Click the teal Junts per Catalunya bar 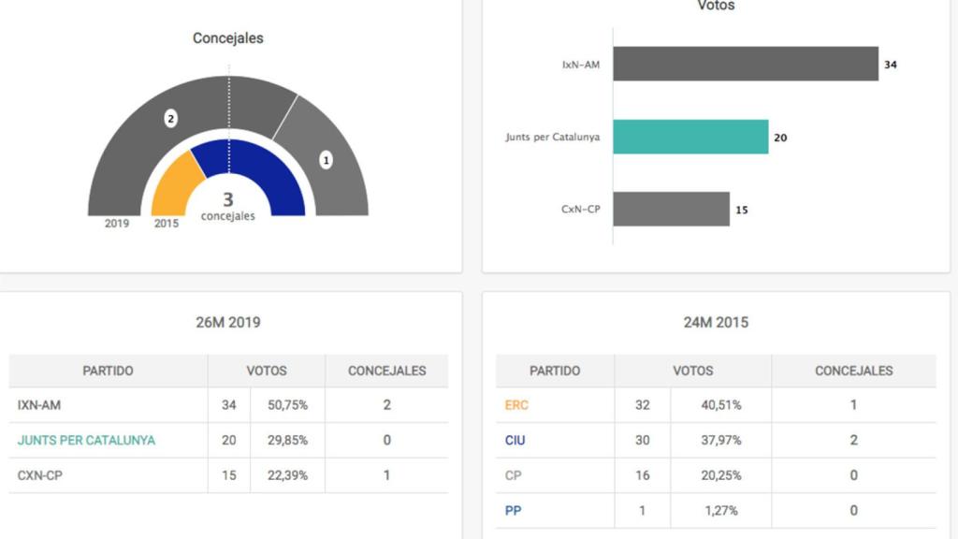click(690, 137)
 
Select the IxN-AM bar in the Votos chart click(746, 64)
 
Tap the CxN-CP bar click(671, 209)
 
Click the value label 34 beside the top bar click(891, 65)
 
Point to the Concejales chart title click(228, 38)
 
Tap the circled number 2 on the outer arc click(170, 119)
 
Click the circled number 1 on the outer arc click(326, 160)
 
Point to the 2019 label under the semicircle click(117, 224)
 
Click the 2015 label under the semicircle click(167, 224)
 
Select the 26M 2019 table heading click(228, 322)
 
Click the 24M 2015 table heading click(716, 322)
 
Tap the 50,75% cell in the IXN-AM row click(287, 405)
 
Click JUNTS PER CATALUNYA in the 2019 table click(86, 440)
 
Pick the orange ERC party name click(516, 405)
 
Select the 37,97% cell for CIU click(720, 440)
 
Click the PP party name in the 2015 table click(513, 511)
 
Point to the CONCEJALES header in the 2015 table click(853, 371)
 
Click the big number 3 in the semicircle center click(228, 199)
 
